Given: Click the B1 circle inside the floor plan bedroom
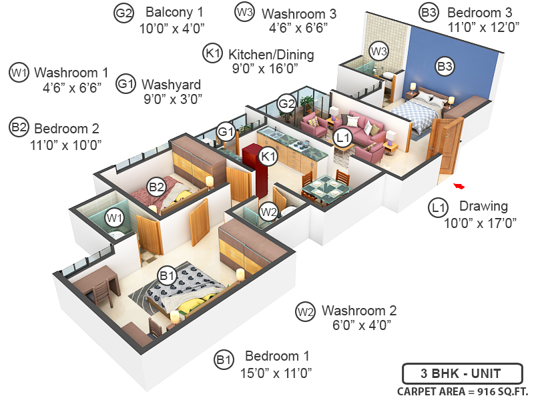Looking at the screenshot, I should coord(166,275).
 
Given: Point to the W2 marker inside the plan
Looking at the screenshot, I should coord(268,212).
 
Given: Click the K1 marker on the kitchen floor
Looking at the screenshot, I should coord(268,156).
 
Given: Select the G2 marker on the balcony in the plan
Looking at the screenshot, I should coord(286,104).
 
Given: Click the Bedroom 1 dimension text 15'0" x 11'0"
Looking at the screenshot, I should coord(276,373).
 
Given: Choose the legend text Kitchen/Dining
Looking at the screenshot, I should coord(270,54).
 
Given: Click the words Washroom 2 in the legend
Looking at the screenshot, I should coord(359,311).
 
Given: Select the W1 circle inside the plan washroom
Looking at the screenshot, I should coord(115,217).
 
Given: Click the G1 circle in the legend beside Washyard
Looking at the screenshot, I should coord(125,84).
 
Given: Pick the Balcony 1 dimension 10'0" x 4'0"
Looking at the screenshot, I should coord(171,28).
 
